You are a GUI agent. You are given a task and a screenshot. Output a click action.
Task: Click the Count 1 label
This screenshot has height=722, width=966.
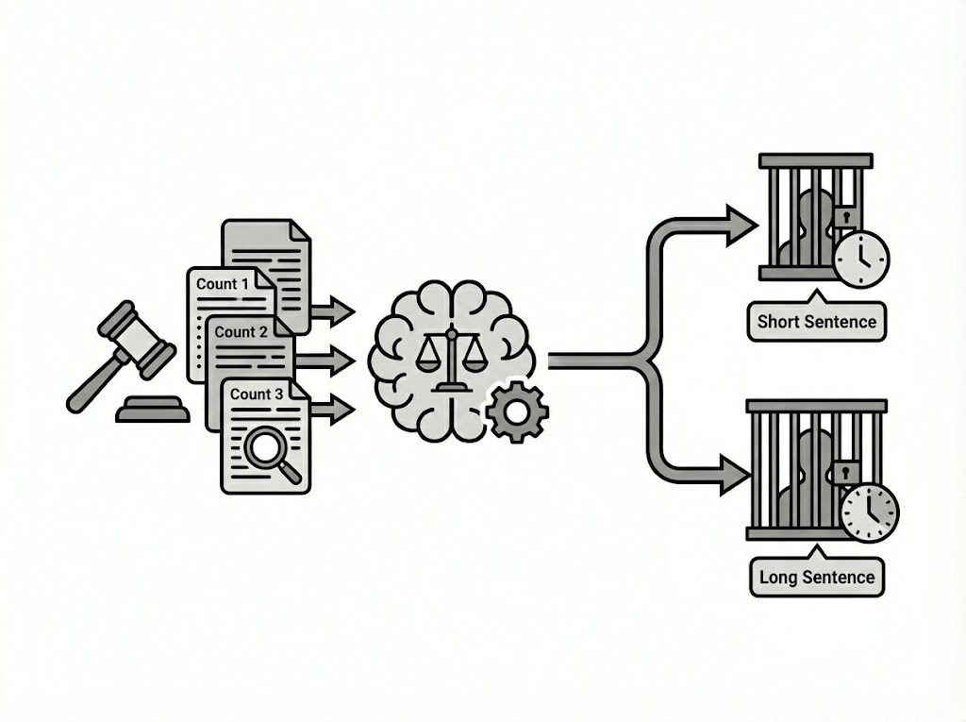(224, 283)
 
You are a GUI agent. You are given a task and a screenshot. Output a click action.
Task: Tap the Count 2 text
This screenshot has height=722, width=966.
(241, 331)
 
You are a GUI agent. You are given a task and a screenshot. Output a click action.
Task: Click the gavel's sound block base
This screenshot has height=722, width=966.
(152, 411)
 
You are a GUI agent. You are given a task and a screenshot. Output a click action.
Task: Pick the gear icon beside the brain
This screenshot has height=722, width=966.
(517, 411)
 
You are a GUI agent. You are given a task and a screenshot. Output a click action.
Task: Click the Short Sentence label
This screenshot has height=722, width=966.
(817, 322)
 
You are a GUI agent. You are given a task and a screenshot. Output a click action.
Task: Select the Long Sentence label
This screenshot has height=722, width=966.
(817, 577)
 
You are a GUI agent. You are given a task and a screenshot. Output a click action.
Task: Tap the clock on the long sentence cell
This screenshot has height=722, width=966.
(869, 512)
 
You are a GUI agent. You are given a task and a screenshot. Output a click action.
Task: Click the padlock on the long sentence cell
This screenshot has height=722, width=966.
(845, 470)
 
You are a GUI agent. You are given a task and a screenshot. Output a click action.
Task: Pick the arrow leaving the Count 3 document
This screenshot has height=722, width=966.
(332, 409)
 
